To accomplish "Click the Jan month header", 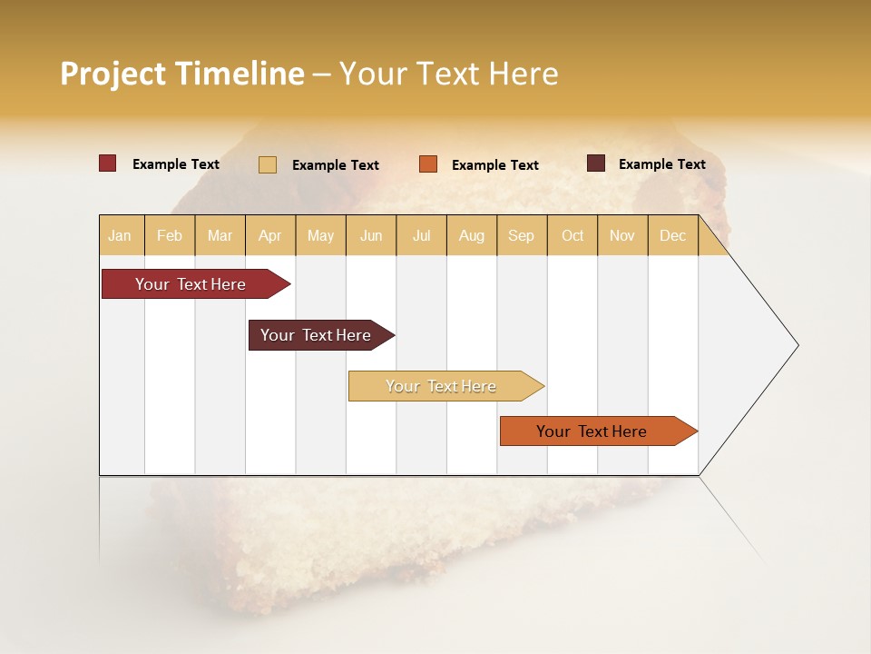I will [x=121, y=235].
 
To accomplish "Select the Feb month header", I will [x=170, y=235].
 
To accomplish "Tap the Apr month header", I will [x=269, y=235].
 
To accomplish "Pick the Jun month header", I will [x=371, y=235].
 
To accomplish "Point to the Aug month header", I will [x=471, y=235].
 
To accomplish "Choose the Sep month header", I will [x=521, y=235].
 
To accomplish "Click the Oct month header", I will [x=573, y=235].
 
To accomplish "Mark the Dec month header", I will [x=672, y=235].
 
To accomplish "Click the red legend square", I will [x=108, y=163].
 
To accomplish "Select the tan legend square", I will [x=268, y=164].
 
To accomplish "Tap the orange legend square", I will [x=428, y=164].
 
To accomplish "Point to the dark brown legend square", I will [x=596, y=163].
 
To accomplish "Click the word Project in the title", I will [x=113, y=74].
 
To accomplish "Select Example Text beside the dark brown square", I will [x=661, y=164].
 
